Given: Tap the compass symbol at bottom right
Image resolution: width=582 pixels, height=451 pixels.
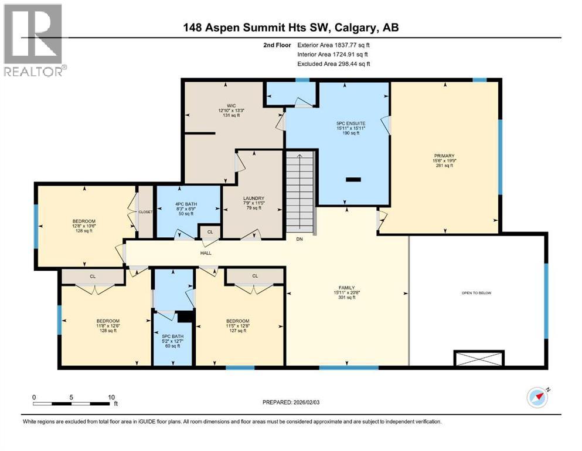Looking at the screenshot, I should pyautogui.click(x=537, y=398).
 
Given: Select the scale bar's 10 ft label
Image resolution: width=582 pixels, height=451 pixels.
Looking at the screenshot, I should pyautogui.click(x=111, y=397).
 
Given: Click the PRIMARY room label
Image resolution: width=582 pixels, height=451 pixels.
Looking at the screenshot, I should pyautogui.click(x=444, y=156).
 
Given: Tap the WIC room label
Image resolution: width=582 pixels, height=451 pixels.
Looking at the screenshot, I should pyautogui.click(x=223, y=106).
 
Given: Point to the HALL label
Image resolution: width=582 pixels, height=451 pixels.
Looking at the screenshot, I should pyautogui.click(x=206, y=253).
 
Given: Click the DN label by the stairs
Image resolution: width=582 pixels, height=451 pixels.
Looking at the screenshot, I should pyautogui.click(x=299, y=239).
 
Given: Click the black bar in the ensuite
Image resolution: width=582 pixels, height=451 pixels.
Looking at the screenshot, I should pyautogui.click(x=353, y=180).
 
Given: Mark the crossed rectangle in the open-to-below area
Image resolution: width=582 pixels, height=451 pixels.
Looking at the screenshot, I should pyautogui.click(x=478, y=358).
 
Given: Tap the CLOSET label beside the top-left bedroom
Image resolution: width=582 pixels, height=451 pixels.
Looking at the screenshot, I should pyautogui.click(x=145, y=212).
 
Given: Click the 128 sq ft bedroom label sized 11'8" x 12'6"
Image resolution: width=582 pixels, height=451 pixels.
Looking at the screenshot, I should pyautogui.click(x=107, y=325).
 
